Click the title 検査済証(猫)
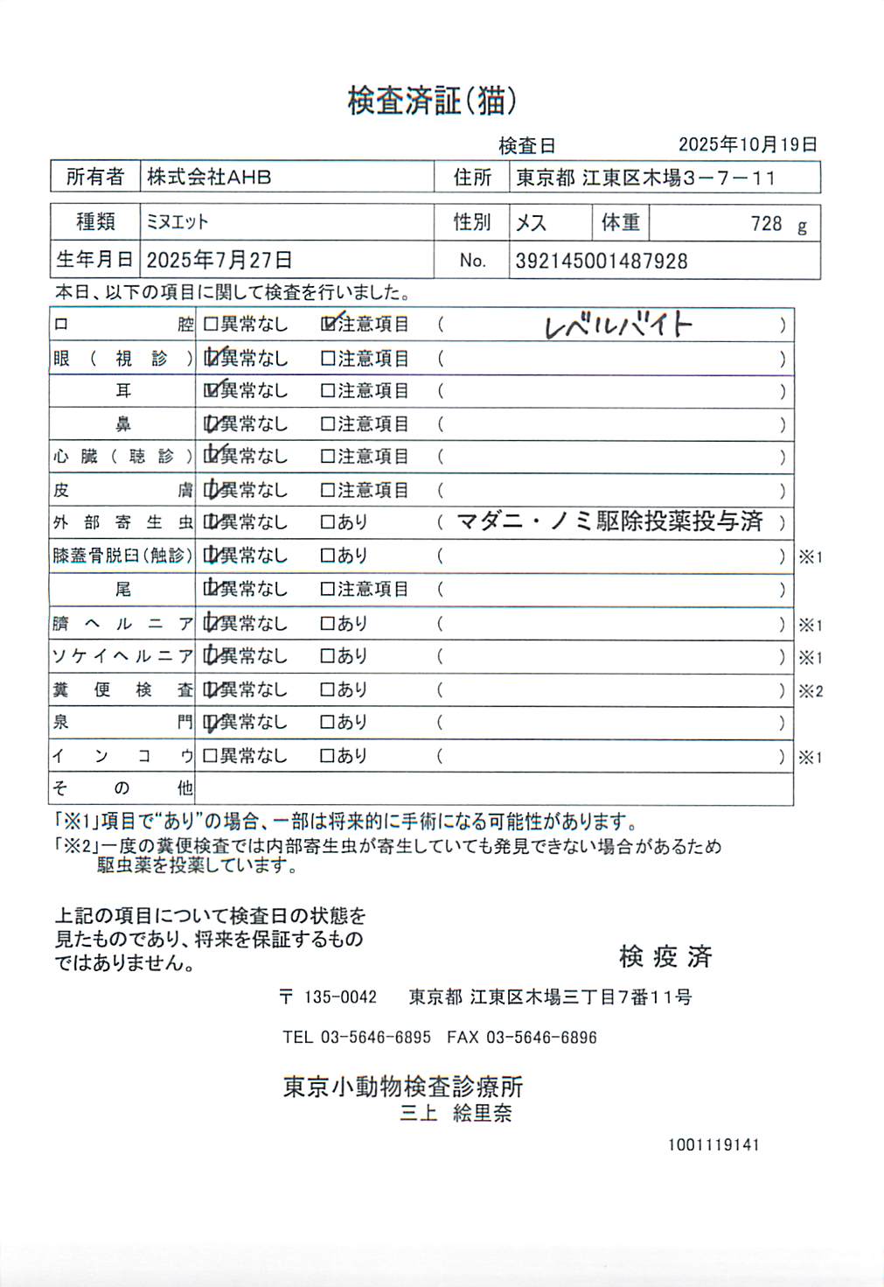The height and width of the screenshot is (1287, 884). tap(432, 101)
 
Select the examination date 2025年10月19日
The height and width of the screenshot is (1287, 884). tap(748, 144)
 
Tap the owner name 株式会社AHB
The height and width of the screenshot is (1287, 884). tap(209, 177)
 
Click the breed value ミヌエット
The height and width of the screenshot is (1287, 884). tap(177, 222)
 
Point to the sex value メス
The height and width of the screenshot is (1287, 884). tap(531, 223)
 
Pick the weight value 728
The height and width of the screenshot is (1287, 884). tap(766, 224)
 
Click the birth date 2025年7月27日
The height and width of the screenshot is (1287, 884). tap(219, 260)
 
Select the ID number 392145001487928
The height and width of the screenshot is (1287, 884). tap(602, 261)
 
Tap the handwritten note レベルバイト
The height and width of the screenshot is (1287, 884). tap(617, 325)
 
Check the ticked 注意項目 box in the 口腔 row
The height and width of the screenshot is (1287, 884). tap(328, 325)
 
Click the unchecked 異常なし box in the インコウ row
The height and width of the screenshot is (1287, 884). tap(210, 756)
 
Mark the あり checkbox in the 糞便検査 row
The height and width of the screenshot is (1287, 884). tap(328, 689)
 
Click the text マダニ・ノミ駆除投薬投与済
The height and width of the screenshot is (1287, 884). tap(609, 522)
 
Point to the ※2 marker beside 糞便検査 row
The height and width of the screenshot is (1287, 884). tap(811, 691)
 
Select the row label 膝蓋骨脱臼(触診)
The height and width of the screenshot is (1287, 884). tap(122, 556)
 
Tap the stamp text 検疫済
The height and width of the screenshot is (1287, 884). tap(665, 956)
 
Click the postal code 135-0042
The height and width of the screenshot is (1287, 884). tap(340, 997)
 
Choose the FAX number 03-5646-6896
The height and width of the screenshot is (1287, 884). tap(541, 1038)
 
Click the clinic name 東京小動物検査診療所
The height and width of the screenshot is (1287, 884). tap(403, 1087)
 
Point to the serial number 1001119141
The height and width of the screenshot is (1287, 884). tap(713, 1144)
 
